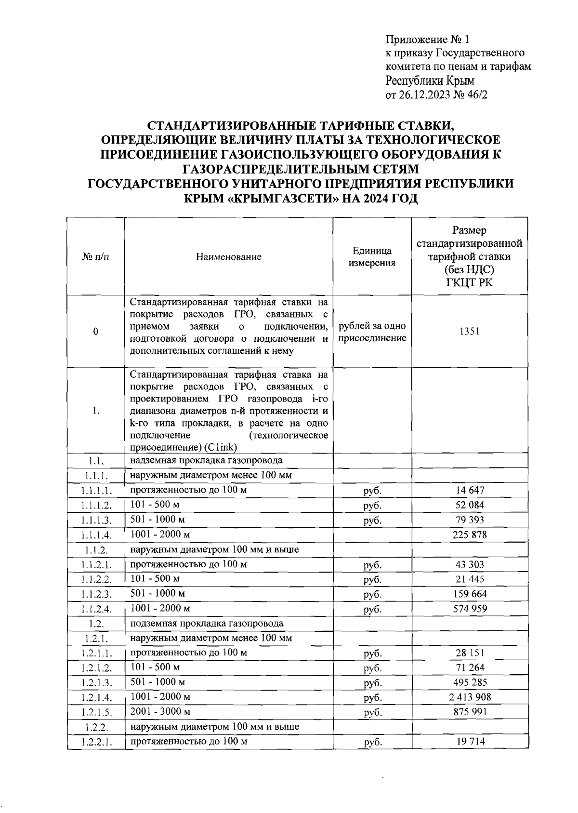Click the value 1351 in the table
tap(469, 332)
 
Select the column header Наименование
tap(229, 257)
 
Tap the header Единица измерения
tap(372, 257)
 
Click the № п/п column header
tap(95, 257)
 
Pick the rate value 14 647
tap(470, 491)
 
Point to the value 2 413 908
tap(470, 697)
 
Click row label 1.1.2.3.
tap(96, 594)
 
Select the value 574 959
tap(470, 609)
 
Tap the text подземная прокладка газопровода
tap(207, 623)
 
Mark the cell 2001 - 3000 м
tap(160, 711)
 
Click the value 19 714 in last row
tap(470, 741)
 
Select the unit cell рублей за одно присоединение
tap(372, 332)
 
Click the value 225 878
tap(470, 534)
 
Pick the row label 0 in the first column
tap(95, 332)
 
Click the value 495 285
tap(470, 682)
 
